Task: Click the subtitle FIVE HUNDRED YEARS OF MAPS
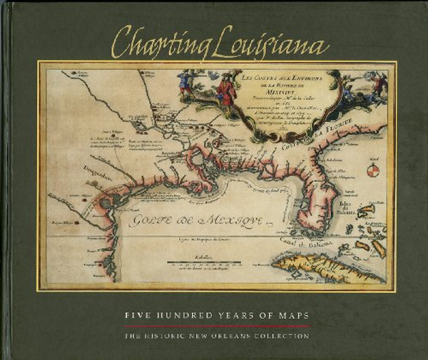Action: [x=213, y=314]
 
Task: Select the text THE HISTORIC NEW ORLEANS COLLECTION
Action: [x=213, y=335]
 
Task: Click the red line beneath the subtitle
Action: [x=213, y=325]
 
